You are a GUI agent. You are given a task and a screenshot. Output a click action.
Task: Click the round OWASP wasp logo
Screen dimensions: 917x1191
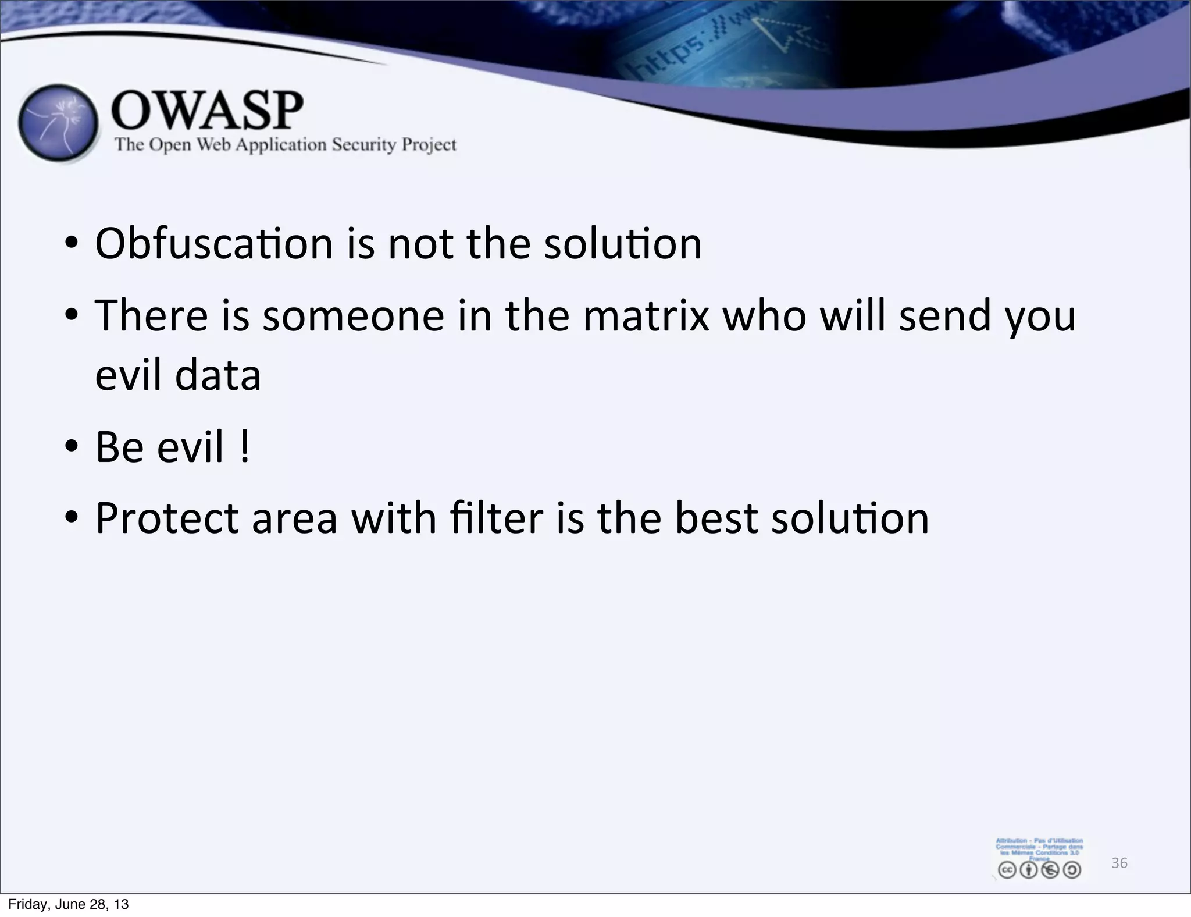[58, 123]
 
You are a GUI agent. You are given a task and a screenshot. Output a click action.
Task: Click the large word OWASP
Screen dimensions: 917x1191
[207, 110]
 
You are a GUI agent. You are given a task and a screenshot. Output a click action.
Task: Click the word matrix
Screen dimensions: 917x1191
[646, 316]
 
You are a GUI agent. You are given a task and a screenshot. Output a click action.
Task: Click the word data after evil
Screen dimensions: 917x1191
[218, 375]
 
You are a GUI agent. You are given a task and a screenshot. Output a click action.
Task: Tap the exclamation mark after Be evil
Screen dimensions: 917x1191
[245, 447]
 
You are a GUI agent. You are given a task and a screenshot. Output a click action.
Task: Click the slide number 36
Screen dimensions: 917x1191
[1119, 863]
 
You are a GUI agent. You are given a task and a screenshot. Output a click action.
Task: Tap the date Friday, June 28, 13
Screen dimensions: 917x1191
[69, 904]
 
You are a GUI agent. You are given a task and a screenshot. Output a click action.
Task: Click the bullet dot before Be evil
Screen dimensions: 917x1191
[72, 447]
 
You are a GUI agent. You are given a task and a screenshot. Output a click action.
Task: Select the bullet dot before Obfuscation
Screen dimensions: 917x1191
[72, 243]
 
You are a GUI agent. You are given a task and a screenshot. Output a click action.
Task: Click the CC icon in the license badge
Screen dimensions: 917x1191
[1007, 870]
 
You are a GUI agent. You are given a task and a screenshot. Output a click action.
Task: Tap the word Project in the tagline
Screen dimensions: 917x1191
[430, 144]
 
